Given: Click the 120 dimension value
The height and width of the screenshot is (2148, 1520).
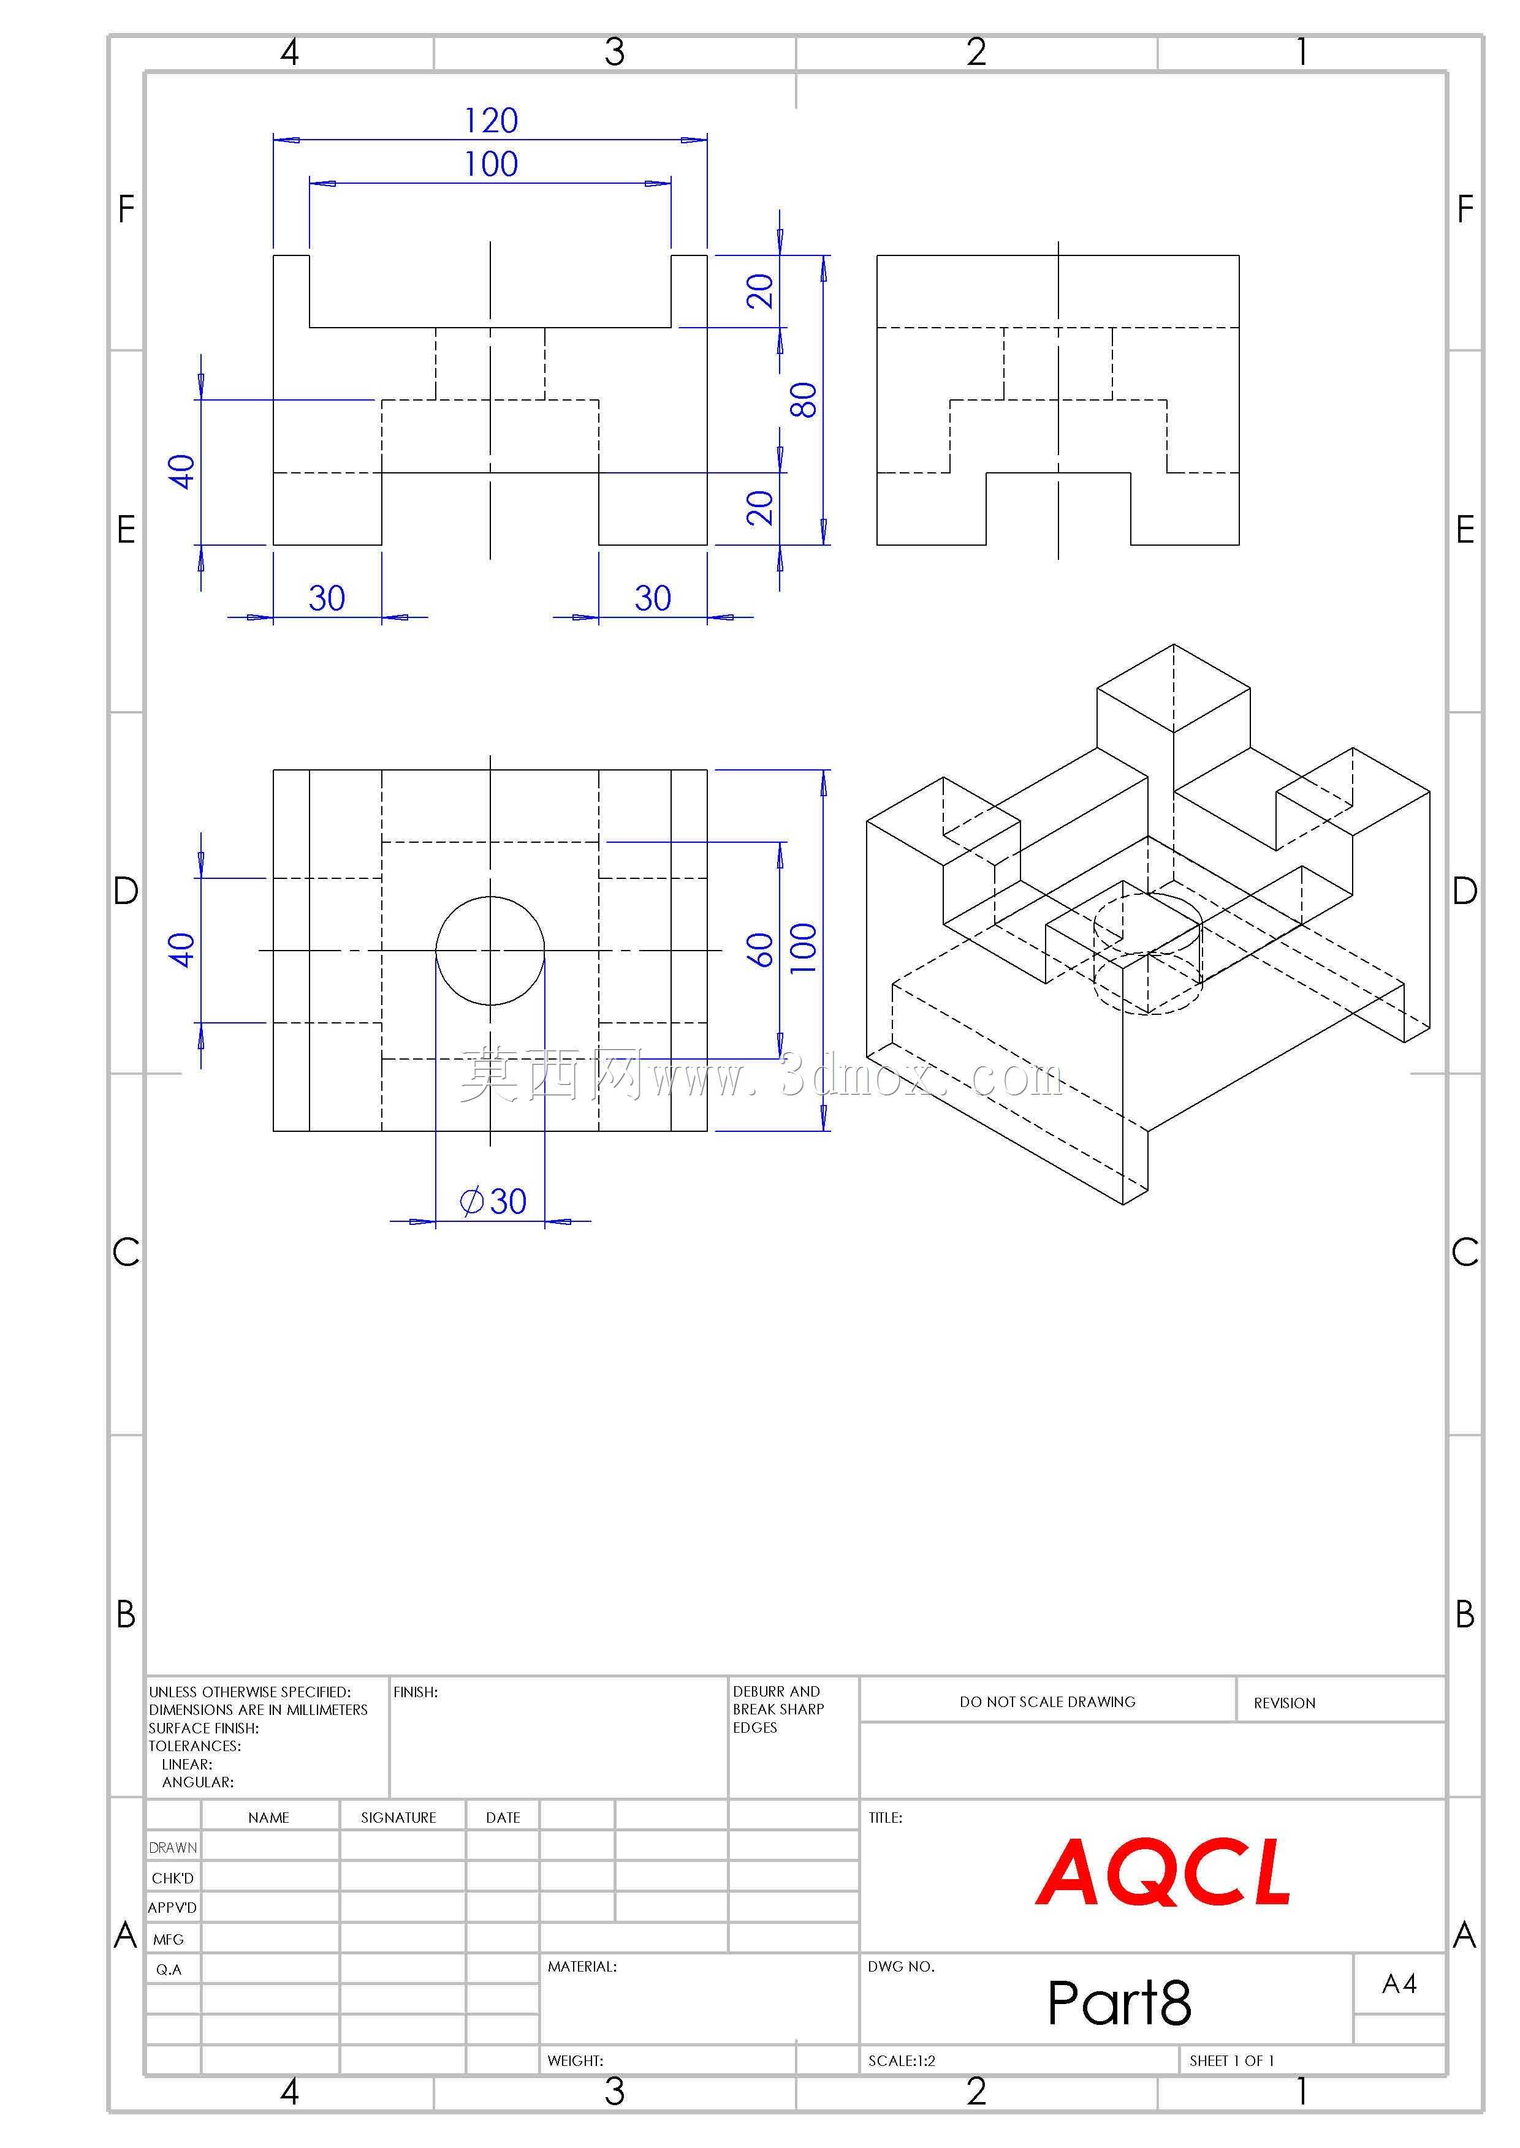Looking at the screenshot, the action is tap(492, 121).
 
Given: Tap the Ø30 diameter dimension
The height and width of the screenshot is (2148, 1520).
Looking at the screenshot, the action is tap(493, 1201).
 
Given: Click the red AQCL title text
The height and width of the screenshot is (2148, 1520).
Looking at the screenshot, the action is tap(1163, 1872).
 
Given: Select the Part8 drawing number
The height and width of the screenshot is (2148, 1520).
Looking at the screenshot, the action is tap(1119, 2002).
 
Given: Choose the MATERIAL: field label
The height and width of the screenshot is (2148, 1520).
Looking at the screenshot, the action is tap(582, 1967).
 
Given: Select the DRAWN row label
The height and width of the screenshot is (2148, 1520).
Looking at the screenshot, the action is tap(173, 1848).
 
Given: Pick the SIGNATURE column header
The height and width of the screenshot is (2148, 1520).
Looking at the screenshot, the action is tap(399, 1818).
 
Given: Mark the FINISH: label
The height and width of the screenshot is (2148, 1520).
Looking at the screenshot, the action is tap(416, 1692).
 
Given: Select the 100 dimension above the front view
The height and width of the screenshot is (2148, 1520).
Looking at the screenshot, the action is tap(492, 165).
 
